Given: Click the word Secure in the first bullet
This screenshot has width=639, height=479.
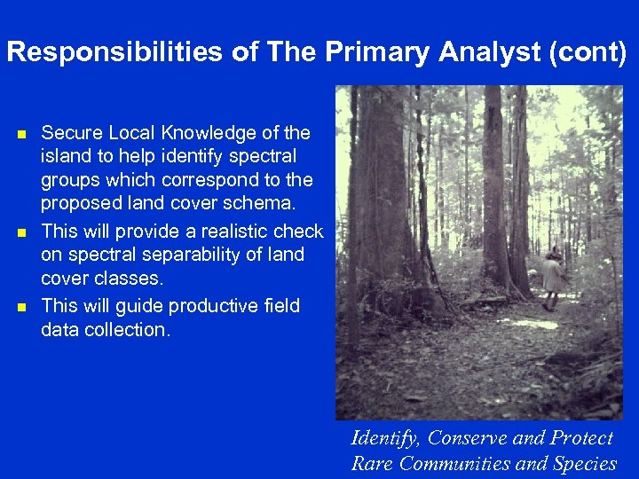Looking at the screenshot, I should [x=73, y=134].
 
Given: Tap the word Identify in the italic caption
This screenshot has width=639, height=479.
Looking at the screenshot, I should [x=385, y=438].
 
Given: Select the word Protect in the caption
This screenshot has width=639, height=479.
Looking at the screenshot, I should [x=581, y=438].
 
